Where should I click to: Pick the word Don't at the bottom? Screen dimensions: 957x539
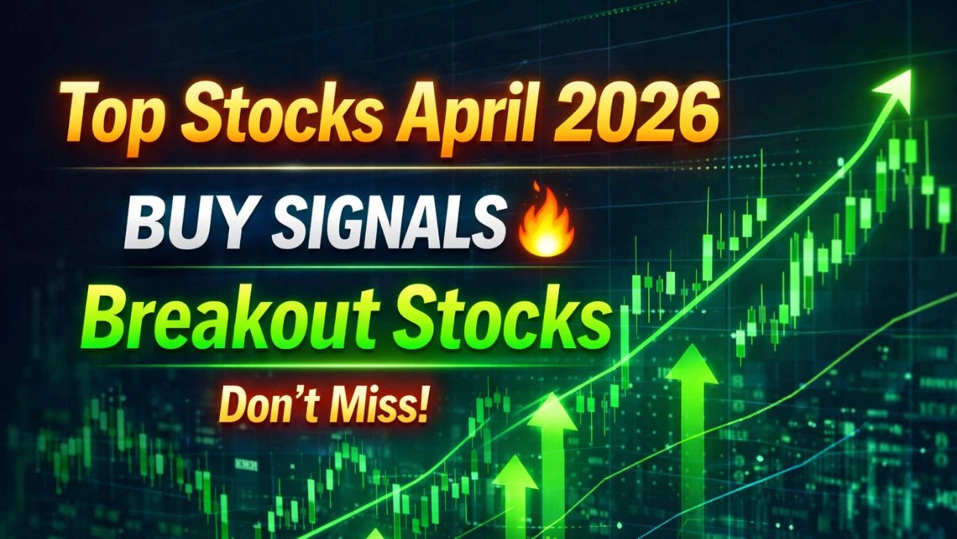(x=267, y=404)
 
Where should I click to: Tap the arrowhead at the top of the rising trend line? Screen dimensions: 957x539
(x=893, y=88)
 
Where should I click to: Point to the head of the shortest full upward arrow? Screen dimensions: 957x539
(x=515, y=472)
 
